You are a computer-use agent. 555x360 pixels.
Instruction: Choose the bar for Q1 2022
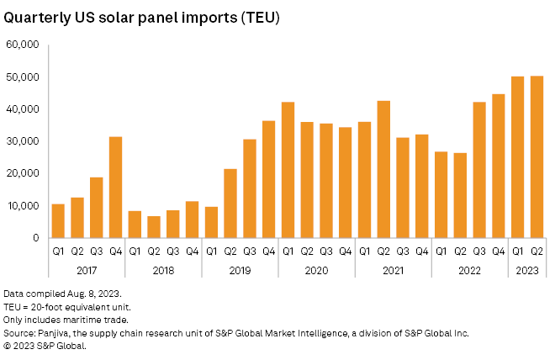click(x=441, y=194)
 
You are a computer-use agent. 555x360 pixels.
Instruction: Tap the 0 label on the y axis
click(x=35, y=238)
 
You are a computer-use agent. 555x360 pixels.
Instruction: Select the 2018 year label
click(x=163, y=269)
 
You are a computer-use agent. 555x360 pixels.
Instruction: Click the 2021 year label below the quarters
click(x=393, y=269)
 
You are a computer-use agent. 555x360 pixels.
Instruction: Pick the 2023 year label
click(x=527, y=269)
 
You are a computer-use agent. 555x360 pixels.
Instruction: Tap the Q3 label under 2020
click(x=326, y=251)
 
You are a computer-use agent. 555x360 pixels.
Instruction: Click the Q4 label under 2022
click(x=499, y=251)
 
